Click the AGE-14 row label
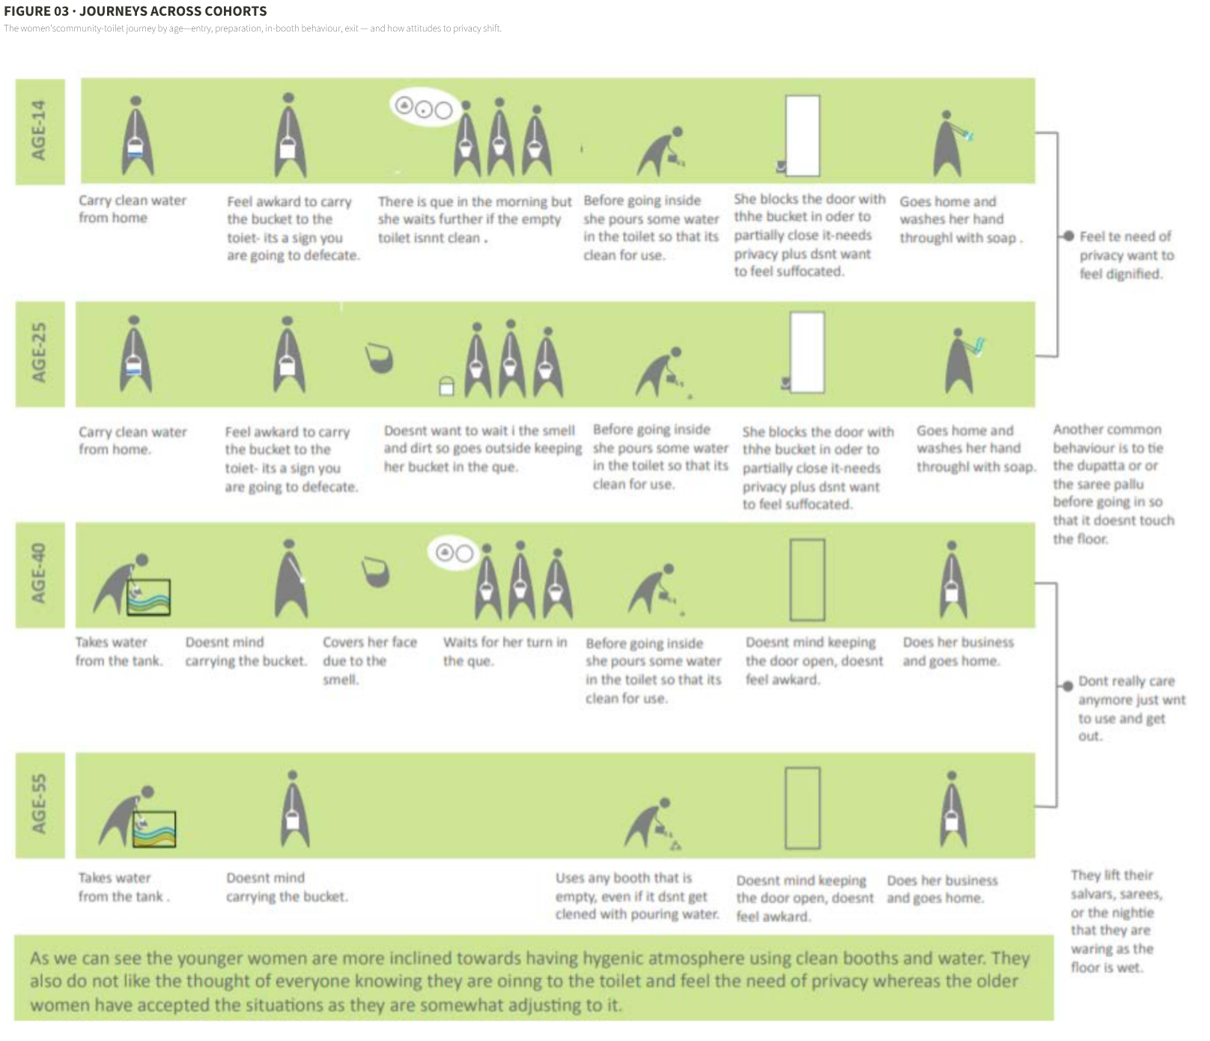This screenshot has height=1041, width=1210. point(39,131)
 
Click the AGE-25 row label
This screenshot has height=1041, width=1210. point(39,353)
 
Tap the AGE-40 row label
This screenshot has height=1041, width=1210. point(39,574)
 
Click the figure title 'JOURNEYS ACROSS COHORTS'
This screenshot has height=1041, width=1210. point(173,11)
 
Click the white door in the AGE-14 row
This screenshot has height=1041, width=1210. point(802,136)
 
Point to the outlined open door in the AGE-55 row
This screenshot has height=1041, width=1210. point(802,807)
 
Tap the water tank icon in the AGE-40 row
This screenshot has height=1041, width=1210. point(148,598)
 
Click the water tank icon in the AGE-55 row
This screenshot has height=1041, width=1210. point(153,829)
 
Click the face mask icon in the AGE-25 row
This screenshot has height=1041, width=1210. point(380,357)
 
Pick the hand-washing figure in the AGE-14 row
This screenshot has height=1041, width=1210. point(950,144)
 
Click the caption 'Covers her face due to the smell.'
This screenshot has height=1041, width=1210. point(370,661)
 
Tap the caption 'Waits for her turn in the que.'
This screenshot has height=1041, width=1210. point(505,652)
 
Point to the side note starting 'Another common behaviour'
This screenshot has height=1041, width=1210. point(1113,484)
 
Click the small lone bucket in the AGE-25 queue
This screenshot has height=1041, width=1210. point(446,385)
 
